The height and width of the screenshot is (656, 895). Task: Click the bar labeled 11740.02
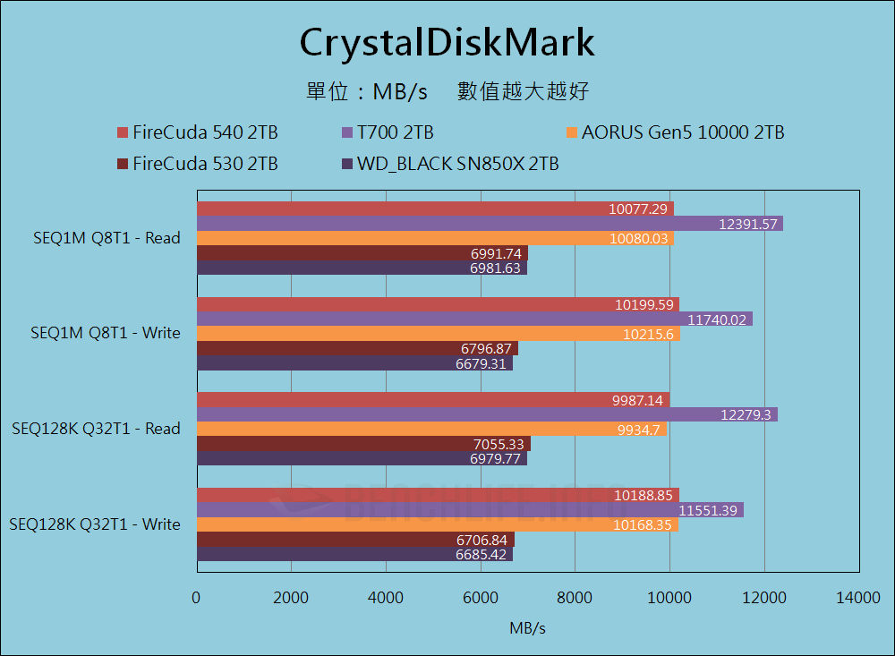(x=474, y=319)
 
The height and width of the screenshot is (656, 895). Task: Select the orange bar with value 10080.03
(x=434, y=238)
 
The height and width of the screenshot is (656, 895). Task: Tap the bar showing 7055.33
(x=362, y=444)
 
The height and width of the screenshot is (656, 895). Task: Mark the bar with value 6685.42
(x=354, y=554)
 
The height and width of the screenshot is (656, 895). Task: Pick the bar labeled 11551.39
(x=470, y=510)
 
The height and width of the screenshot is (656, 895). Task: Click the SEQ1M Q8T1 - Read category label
(x=106, y=238)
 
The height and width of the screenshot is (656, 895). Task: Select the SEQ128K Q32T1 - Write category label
(x=95, y=524)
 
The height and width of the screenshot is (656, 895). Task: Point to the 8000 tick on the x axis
(x=575, y=599)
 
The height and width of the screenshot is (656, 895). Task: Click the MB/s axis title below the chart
(x=527, y=628)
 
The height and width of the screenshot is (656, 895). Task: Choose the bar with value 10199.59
(x=437, y=304)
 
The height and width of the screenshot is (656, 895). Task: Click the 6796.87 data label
(x=484, y=348)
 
